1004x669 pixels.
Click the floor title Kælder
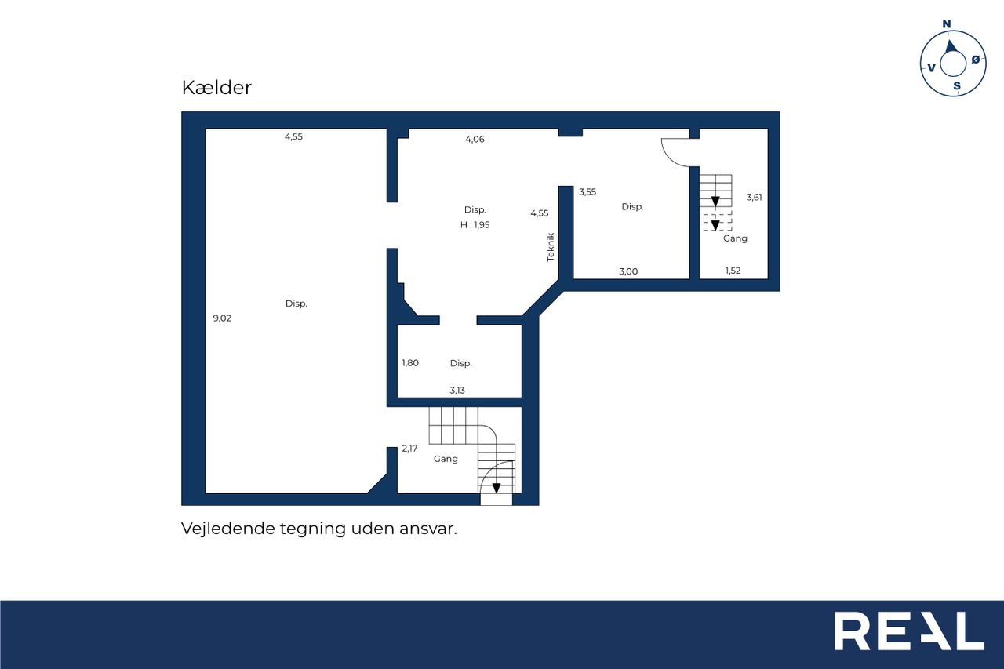point(216,87)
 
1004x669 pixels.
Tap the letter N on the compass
point(947,24)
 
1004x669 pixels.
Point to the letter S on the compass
point(957,86)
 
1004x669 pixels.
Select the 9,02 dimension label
point(222,318)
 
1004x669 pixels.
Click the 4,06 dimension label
point(475,140)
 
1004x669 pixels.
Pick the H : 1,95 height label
point(475,225)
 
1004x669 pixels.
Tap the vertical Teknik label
point(551,247)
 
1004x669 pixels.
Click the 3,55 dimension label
point(587,192)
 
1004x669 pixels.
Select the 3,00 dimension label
point(628,271)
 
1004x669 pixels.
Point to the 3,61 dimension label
point(754,197)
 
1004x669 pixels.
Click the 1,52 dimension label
point(733,271)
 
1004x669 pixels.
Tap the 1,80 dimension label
point(410,363)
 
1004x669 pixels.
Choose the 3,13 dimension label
point(457,391)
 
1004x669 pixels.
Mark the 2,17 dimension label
point(409,449)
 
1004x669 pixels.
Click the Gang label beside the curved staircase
point(446,459)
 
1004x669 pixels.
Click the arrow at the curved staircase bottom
point(497,488)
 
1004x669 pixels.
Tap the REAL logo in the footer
point(909,631)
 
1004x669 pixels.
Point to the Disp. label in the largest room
point(296,304)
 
